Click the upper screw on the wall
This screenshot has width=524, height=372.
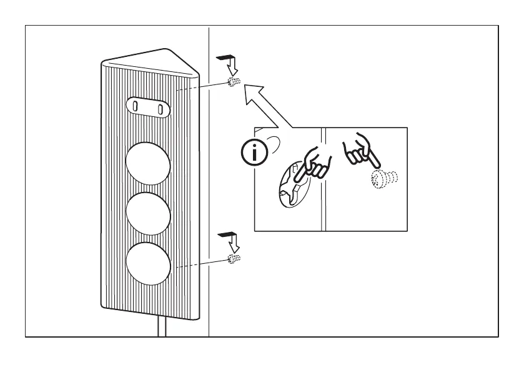[x=234, y=83]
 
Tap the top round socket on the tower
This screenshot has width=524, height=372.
[x=148, y=161]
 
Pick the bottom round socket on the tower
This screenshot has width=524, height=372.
[x=148, y=263]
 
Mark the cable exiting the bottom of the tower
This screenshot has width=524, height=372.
[x=161, y=326]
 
